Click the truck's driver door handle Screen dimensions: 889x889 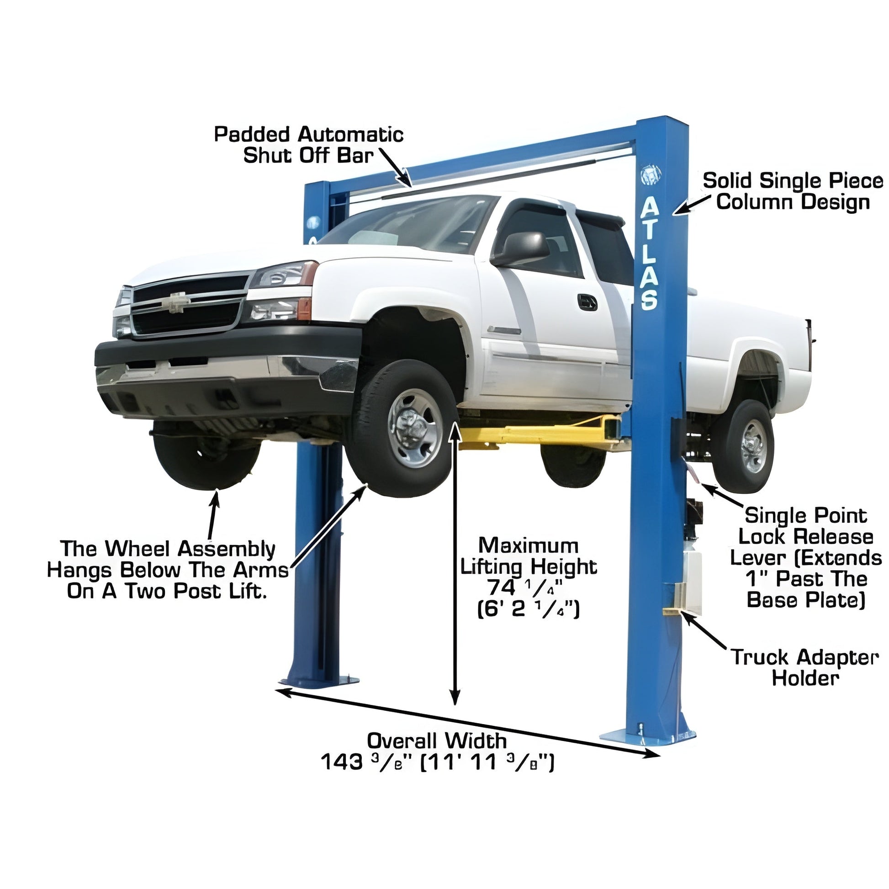coord(587,302)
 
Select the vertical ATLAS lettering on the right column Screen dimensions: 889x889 coord(650,253)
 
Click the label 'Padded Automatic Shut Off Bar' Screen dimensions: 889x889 coord(309,145)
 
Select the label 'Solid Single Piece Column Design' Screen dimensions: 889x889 coord(793,192)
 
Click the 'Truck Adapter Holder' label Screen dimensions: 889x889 coord(805,668)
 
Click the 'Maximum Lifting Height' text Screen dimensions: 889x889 coord(529,556)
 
